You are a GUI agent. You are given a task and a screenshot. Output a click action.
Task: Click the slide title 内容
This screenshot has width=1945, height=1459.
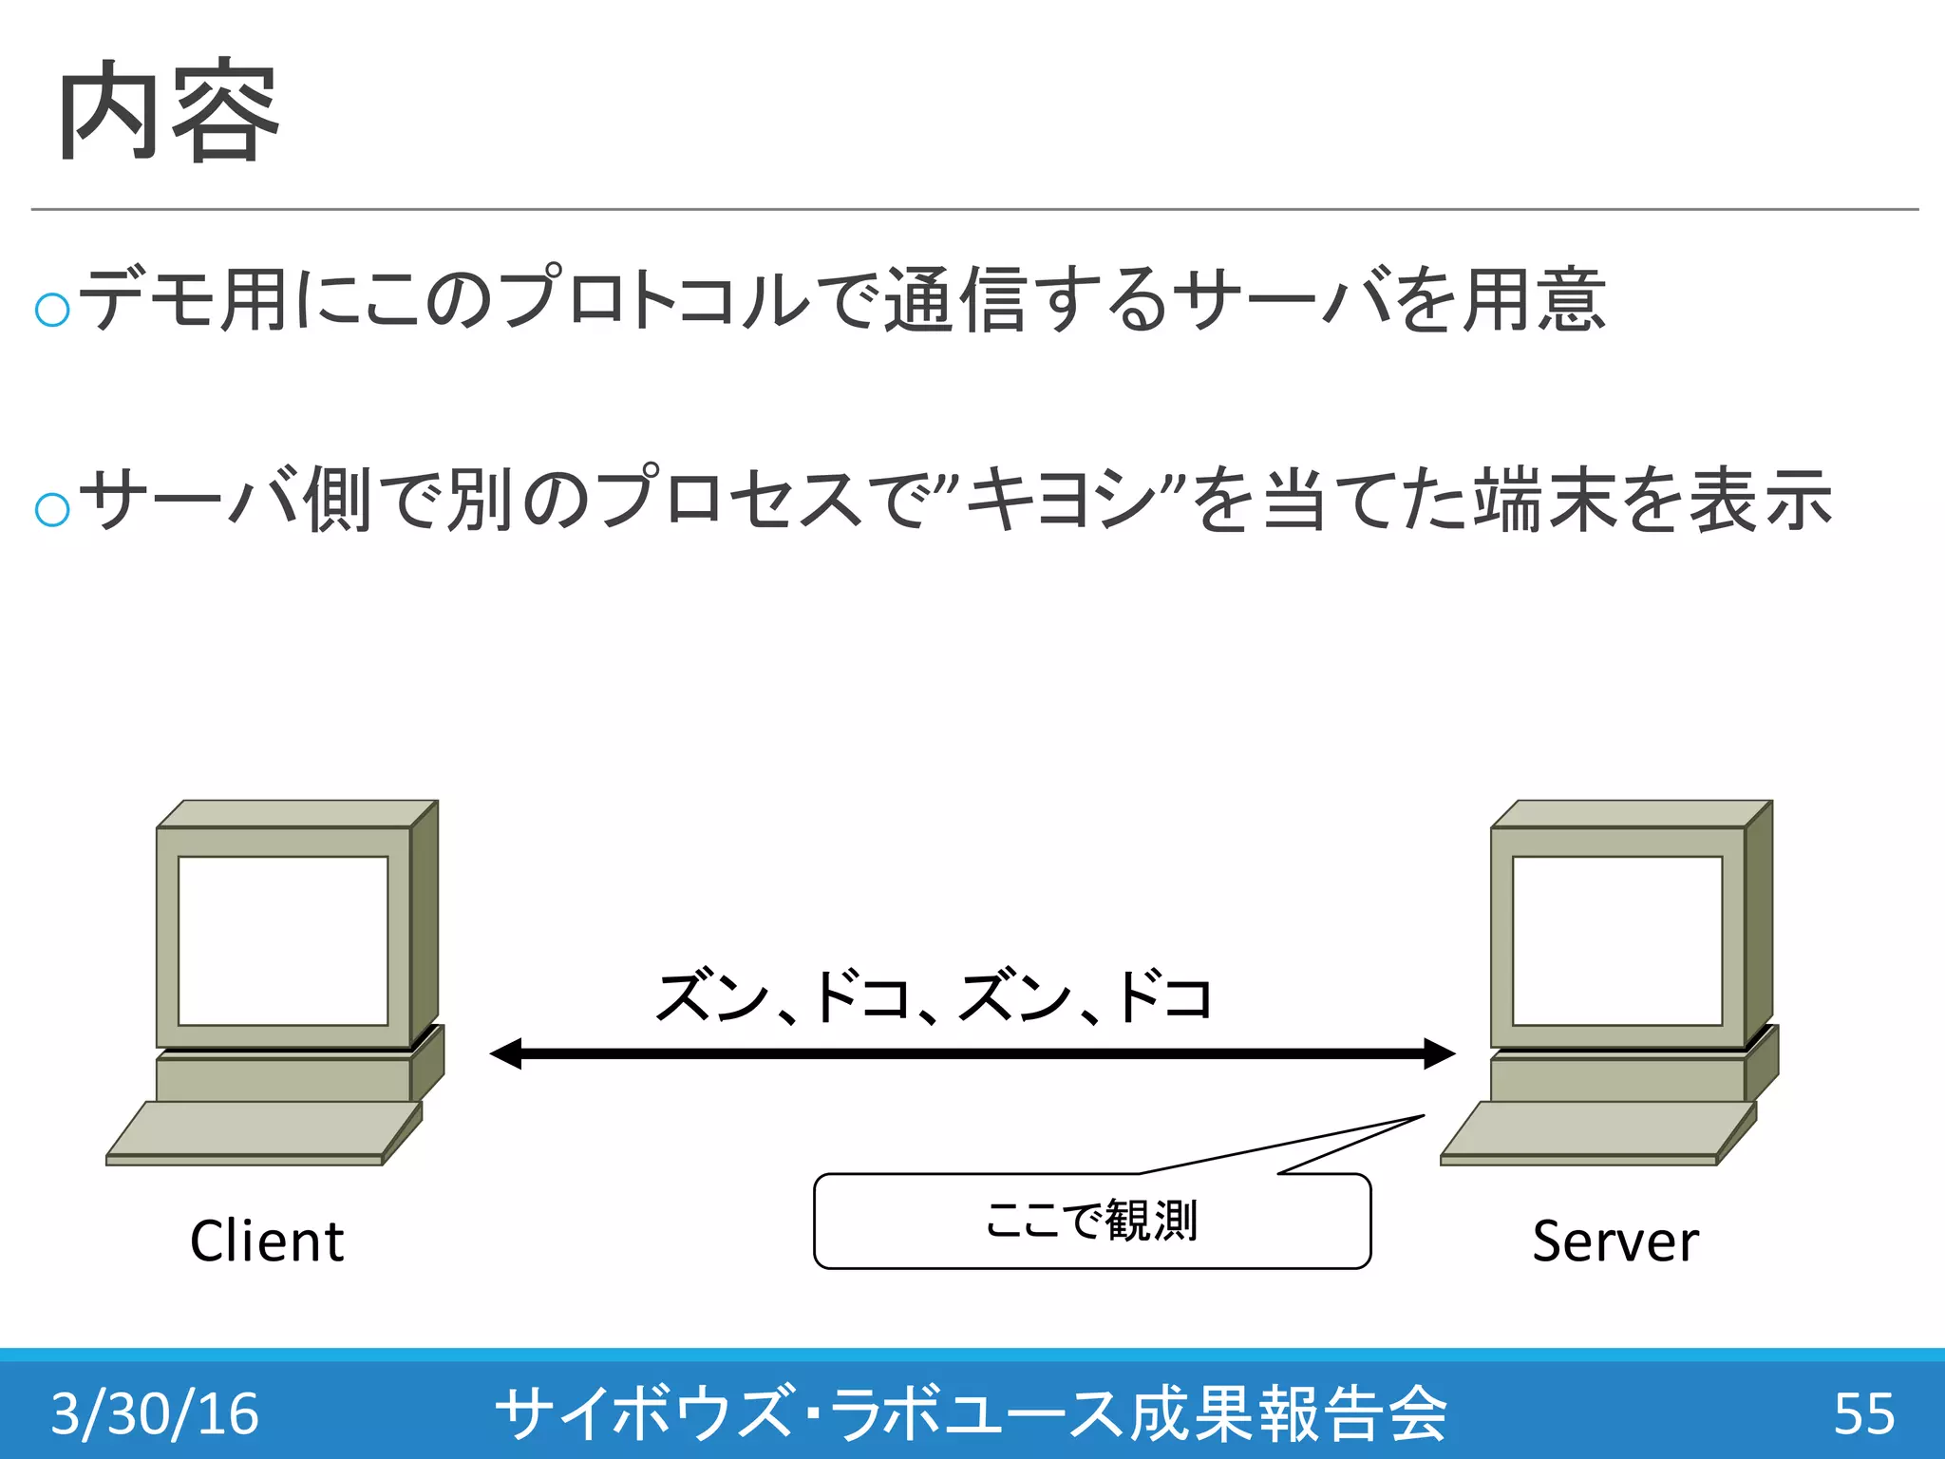coord(169,112)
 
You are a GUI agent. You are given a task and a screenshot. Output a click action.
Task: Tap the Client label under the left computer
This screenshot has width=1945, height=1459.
coord(267,1241)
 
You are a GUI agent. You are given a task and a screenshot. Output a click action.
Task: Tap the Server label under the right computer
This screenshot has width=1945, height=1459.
coord(1615,1241)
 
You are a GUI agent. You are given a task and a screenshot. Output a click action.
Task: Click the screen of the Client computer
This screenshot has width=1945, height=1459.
coord(283,940)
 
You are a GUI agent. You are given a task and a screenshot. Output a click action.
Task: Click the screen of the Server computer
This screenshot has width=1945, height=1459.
coord(1617,940)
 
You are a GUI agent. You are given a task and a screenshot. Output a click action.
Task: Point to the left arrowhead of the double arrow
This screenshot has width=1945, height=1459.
coord(507,1053)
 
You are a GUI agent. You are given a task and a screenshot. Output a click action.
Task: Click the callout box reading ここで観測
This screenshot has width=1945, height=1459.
coord(1092,1222)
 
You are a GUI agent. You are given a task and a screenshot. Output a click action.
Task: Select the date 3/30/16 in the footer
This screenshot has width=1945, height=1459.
coord(155,1412)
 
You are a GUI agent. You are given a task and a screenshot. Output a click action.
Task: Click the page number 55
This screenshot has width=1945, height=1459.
coord(1863,1412)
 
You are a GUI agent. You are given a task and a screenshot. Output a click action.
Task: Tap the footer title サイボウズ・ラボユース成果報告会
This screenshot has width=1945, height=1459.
coord(971,1412)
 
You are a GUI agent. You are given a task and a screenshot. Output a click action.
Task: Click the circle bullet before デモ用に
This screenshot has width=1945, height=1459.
coord(52,309)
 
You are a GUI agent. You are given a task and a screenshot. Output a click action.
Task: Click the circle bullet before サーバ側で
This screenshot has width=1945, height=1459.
coord(52,509)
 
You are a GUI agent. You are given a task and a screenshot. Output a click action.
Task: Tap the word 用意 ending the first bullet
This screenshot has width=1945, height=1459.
coord(1534,299)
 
